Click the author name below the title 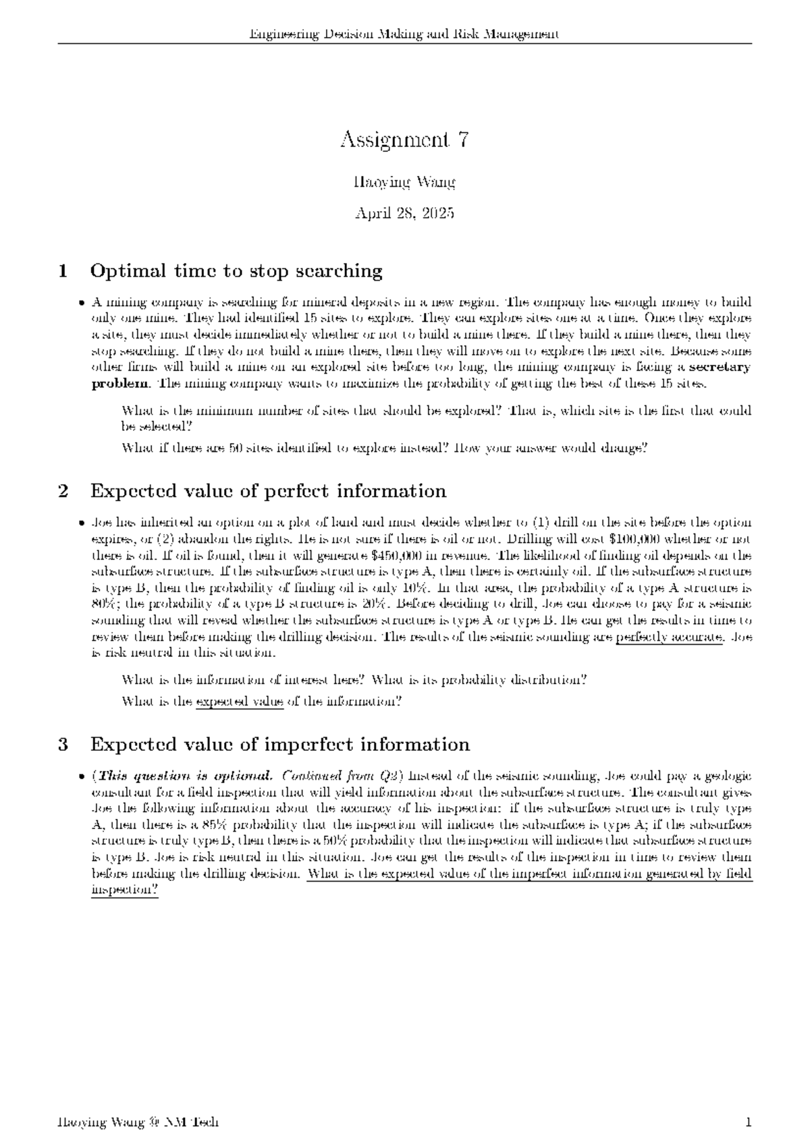pos(404,182)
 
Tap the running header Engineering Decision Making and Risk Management pos(404,34)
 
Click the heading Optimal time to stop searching pos(236,271)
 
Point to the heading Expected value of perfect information pos(268,490)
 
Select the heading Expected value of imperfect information pos(279,744)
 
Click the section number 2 pos(63,490)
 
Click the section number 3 pos(63,744)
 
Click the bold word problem pos(121,384)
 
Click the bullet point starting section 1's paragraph pos(82,303)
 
